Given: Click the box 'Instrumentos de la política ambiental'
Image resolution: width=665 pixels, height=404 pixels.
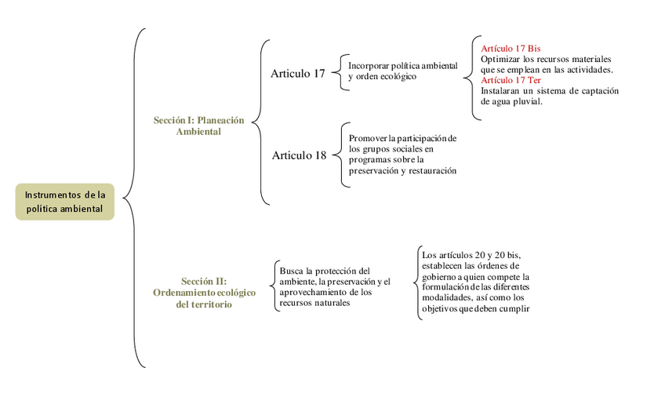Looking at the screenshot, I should pyautogui.click(x=64, y=202).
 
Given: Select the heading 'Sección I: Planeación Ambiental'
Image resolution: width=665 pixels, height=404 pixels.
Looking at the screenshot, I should pyautogui.click(x=198, y=126).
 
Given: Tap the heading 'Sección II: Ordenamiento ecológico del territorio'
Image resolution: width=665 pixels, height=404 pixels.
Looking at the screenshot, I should pyautogui.click(x=204, y=292).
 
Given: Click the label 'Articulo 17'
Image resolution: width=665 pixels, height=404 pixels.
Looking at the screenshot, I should pyautogui.click(x=298, y=74).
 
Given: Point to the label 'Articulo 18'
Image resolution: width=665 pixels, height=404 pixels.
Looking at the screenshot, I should pyautogui.click(x=299, y=155).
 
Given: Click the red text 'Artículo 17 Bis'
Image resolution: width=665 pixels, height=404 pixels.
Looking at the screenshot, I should pyautogui.click(x=511, y=49).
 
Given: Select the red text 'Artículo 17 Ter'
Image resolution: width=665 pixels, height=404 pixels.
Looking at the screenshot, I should pyautogui.click(x=511, y=80).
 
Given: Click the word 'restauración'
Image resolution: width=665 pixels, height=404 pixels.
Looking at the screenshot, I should pyautogui.click(x=431, y=170).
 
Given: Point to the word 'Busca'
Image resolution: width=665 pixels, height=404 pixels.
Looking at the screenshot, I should pyautogui.click(x=291, y=271).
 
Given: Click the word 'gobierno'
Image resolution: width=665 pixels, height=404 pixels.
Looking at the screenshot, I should pyautogui.click(x=442, y=276).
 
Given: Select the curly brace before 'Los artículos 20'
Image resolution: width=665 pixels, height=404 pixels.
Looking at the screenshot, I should pyautogui.click(x=418, y=282).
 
